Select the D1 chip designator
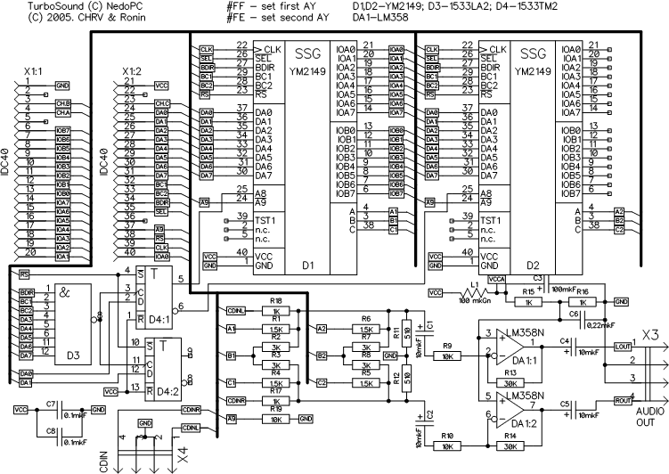309,266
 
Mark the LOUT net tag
621,346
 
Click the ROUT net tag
621,401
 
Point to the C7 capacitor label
52,403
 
